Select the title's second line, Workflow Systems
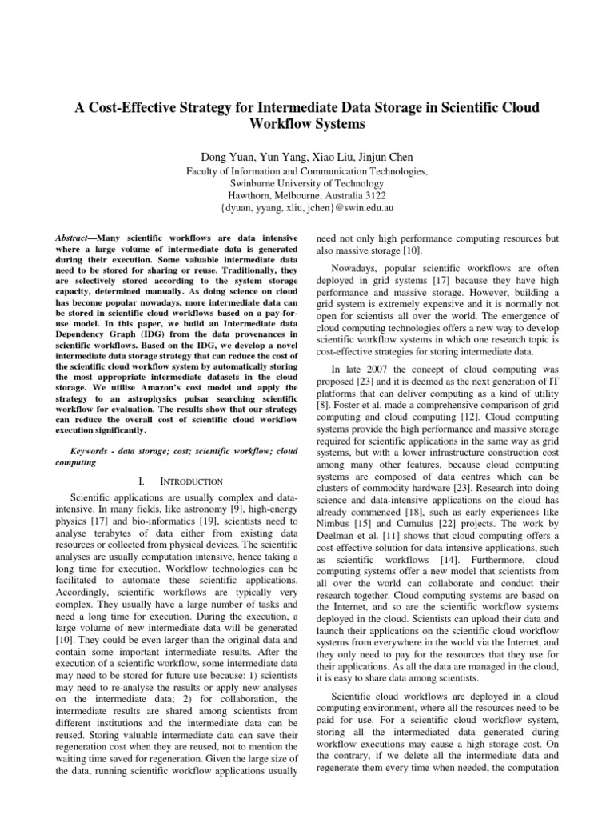pos(307,126)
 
